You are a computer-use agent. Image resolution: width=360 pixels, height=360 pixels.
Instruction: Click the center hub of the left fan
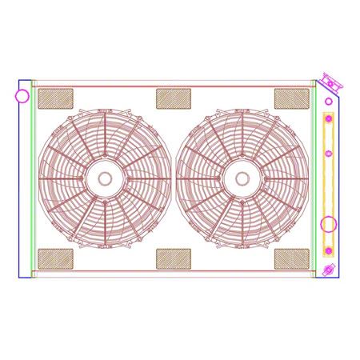106,178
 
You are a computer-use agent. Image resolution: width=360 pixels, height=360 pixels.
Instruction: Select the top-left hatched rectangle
56,99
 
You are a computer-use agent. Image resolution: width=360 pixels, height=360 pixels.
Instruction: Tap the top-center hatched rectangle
173,98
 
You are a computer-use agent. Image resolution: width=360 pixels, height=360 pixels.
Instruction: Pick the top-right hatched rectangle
291,98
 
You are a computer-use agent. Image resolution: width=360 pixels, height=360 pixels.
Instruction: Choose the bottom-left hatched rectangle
56,258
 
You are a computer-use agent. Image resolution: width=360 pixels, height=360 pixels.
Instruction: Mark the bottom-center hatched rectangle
173,258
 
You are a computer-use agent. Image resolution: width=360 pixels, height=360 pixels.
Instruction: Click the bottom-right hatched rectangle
291,258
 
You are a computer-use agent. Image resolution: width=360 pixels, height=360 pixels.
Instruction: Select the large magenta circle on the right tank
329,226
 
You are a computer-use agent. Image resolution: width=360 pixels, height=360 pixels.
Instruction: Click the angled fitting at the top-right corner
329,82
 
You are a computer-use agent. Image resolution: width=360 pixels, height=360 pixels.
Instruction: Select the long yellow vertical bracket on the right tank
327,184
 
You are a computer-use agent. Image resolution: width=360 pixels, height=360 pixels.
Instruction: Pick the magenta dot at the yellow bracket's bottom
327,253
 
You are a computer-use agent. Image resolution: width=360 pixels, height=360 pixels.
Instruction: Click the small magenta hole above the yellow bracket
327,103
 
